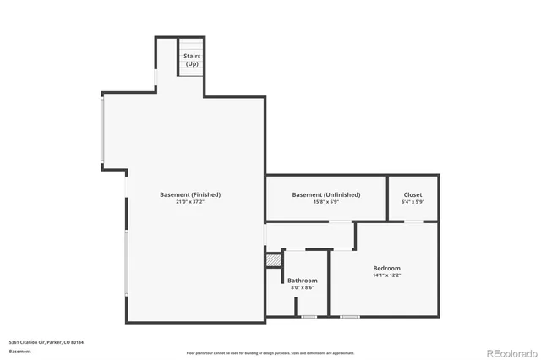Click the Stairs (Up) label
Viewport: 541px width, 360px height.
(x=192, y=60)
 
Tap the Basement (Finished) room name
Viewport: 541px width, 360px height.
(x=190, y=194)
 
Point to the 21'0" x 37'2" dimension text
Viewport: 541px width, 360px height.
(x=190, y=202)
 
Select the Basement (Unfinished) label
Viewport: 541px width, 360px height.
(x=325, y=194)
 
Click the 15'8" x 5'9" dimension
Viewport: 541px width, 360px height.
(x=325, y=202)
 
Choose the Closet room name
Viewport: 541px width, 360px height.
(x=413, y=194)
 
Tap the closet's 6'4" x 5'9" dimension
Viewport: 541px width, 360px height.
(x=413, y=202)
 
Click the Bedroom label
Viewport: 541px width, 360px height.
(x=386, y=268)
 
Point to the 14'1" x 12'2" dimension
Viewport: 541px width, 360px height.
(x=386, y=275)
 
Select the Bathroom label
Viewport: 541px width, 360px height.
(x=302, y=281)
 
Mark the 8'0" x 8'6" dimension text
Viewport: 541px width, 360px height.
(x=302, y=288)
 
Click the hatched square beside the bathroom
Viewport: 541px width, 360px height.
(x=272, y=261)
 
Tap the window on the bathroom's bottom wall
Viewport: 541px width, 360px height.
(x=309, y=317)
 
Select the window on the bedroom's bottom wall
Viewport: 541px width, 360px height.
(x=349, y=317)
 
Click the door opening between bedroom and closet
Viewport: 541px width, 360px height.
(x=413, y=222)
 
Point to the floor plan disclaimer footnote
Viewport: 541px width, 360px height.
(x=270, y=353)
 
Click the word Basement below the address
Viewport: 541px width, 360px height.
(x=19, y=350)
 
